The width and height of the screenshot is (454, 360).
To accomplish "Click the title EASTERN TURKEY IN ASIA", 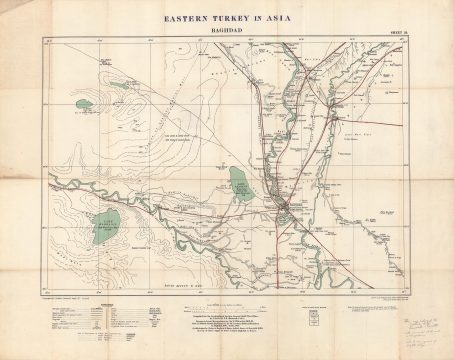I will [227, 17].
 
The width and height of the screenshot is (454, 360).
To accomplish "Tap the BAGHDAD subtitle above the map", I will [227, 30].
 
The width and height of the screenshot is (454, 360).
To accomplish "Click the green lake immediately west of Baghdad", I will [239, 182].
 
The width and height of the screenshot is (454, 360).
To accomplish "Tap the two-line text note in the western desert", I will [176, 136].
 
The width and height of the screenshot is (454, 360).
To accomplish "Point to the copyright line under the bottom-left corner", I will [70, 292].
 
